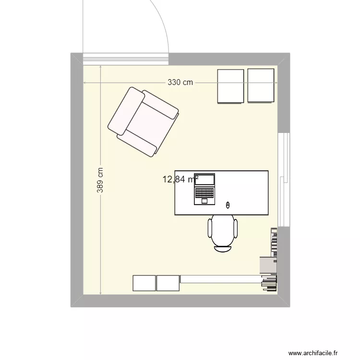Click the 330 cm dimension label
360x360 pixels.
[180, 83]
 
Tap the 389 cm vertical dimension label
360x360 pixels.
[100, 180]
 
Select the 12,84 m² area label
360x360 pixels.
[180, 180]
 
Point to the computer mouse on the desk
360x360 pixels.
[228, 205]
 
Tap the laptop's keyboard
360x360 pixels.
[204, 193]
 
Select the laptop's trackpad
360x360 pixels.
[204, 201]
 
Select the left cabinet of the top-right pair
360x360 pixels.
[231, 86]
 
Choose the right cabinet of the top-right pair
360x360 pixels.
[261, 85]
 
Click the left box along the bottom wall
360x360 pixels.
[144, 283]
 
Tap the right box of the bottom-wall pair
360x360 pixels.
[168, 283]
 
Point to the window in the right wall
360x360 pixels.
[284, 179]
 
